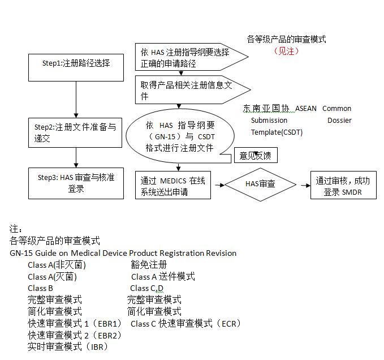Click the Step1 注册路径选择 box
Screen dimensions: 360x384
click(x=76, y=67)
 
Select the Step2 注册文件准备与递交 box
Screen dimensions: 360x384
click(x=76, y=133)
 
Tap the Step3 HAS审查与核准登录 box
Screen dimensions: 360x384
click(x=76, y=183)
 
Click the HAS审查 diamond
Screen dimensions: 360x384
click(x=260, y=184)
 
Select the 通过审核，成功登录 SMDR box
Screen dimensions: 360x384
click(x=343, y=185)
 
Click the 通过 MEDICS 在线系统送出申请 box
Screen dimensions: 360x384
click(x=173, y=185)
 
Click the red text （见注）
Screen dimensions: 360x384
click(x=287, y=51)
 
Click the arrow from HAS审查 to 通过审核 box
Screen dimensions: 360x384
click(x=304, y=184)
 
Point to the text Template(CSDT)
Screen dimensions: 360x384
click(x=277, y=132)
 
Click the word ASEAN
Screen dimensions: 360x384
click(x=307, y=108)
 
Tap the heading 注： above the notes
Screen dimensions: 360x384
click(x=16, y=229)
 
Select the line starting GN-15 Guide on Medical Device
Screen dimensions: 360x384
click(x=123, y=253)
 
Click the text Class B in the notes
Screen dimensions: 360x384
click(x=40, y=288)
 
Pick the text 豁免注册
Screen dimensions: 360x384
click(x=149, y=264)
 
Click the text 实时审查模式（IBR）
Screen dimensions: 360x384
click(x=67, y=346)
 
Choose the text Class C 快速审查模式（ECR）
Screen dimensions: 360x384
click(x=185, y=323)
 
